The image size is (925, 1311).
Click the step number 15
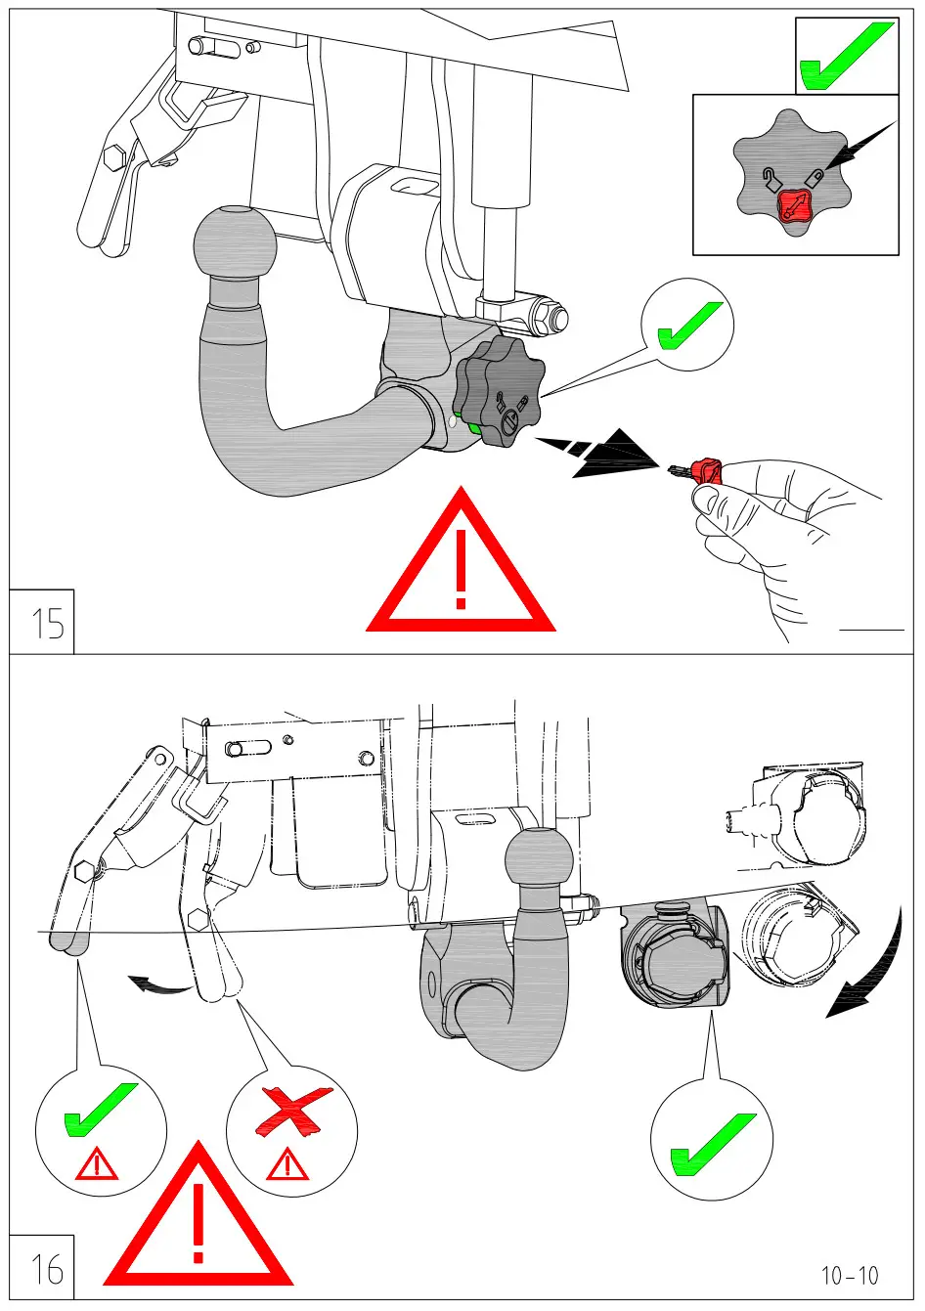[x=46, y=623]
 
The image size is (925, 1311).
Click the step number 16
[x=46, y=1268]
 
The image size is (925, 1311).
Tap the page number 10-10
[x=849, y=1275]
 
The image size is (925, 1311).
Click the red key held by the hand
[x=704, y=471]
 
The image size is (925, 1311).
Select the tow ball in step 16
[x=539, y=862]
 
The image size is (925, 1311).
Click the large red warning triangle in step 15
[x=461, y=567]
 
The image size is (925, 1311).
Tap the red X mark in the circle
[x=291, y=1114]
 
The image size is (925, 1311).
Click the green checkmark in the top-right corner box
[x=845, y=57]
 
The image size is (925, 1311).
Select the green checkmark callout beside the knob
[x=688, y=325]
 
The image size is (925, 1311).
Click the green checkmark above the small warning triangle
[x=100, y=1110]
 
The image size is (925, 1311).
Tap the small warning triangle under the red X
[x=286, y=1165]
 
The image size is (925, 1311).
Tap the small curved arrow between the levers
[x=160, y=984]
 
